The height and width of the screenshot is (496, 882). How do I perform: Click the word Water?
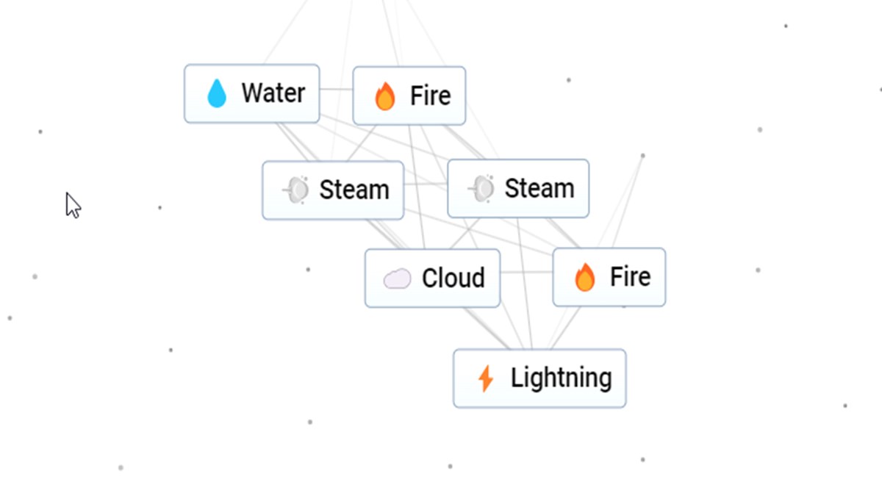[x=273, y=93]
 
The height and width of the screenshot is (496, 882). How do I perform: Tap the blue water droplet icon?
[x=217, y=94]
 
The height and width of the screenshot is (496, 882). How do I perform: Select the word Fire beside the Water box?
[x=430, y=96]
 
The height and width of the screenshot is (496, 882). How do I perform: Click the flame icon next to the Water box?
[x=384, y=96]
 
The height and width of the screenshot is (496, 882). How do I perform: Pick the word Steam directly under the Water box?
[x=354, y=190]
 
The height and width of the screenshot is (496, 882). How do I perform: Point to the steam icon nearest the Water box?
[x=297, y=190]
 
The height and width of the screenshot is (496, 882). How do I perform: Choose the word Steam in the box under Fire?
[x=539, y=189]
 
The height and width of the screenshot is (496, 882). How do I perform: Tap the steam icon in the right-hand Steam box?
[x=482, y=189]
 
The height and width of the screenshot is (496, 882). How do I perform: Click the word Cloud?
[x=453, y=278]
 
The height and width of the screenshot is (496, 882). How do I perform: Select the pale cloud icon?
[x=397, y=278]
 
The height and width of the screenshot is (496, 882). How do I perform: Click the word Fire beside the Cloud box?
[x=630, y=277]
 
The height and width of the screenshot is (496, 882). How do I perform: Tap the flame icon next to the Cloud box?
[x=584, y=278]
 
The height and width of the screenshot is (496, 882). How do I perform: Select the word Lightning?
[x=561, y=378]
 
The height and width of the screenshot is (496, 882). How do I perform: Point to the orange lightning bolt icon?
[x=485, y=379]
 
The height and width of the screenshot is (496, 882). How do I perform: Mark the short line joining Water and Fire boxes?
[x=336, y=90]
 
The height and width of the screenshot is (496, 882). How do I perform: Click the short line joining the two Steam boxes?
[x=426, y=183]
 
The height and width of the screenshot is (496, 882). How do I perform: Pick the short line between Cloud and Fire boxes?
[x=526, y=272]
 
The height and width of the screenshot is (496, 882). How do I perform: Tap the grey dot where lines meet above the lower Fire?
[x=642, y=156]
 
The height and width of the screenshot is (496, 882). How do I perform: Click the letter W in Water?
[x=252, y=93]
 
